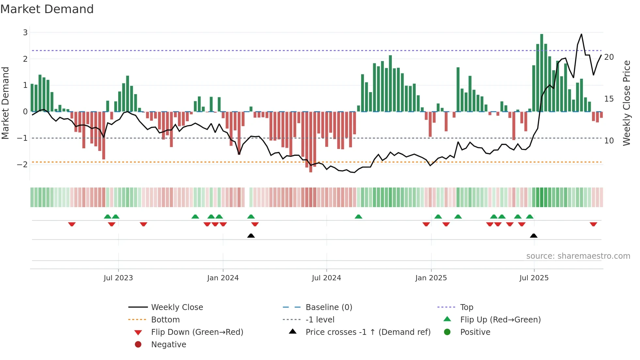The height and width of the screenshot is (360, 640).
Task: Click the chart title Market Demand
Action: pos(47,9)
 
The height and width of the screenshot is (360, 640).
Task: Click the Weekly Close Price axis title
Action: pos(626,103)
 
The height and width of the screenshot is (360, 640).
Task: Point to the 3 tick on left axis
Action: pos(25,32)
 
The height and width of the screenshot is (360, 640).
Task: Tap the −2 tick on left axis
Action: pos(22,164)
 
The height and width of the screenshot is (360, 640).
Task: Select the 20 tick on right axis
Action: pos(609,57)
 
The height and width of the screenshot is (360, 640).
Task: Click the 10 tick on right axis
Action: pos(609,141)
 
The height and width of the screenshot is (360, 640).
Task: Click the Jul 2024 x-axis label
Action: pos(326,278)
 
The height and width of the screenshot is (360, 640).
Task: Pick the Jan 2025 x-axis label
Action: pos(431,278)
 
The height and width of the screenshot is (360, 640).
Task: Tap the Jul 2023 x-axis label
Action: pos(118,278)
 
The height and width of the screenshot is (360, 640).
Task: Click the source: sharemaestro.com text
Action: pos(578,256)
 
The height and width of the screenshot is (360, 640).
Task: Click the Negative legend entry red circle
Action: pos(138,344)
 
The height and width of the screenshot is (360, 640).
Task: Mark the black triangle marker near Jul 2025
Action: pos(534,236)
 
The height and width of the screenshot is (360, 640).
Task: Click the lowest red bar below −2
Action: pos(311,142)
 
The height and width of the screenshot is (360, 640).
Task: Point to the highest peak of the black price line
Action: pos(581,34)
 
